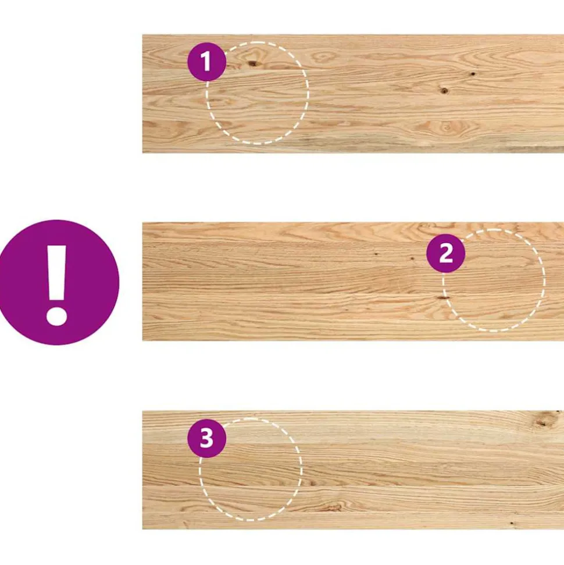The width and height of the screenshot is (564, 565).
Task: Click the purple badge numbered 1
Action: (x=207, y=62)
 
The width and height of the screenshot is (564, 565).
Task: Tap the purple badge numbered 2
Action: (x=445, y=253)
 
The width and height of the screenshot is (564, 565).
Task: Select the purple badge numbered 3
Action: (x=207, y=438)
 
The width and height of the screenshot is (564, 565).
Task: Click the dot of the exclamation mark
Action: (x=57, y=316)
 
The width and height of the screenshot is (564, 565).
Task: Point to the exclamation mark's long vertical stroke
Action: (x=57, y=273)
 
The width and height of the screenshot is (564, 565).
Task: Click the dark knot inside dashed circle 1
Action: (x=253, y=64)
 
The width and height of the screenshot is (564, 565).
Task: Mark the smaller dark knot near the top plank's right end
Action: (x=473, y=74)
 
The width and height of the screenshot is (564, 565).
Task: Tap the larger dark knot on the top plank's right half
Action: (x=444, y=90)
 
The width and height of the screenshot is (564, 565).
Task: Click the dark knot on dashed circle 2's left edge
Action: (x=442, y=298)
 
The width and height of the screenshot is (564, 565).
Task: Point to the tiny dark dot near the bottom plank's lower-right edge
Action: (x=512, y=523)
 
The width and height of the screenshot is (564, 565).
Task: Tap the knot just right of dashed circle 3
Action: (x=312, y=483)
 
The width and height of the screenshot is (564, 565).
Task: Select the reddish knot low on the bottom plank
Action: (x=331, y=508)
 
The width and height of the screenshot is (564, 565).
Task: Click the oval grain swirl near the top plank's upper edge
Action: (x=323, y=57)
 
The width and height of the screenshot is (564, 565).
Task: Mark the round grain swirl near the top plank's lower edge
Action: (x=447, y=127)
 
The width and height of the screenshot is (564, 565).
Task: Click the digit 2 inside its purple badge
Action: (x=446, y=253)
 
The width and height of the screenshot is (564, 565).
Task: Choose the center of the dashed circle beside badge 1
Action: (x=257, y=93)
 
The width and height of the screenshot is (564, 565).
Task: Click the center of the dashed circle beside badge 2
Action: (x=494, y=280)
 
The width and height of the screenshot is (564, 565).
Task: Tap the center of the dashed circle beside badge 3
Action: (x=251, y=469)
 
